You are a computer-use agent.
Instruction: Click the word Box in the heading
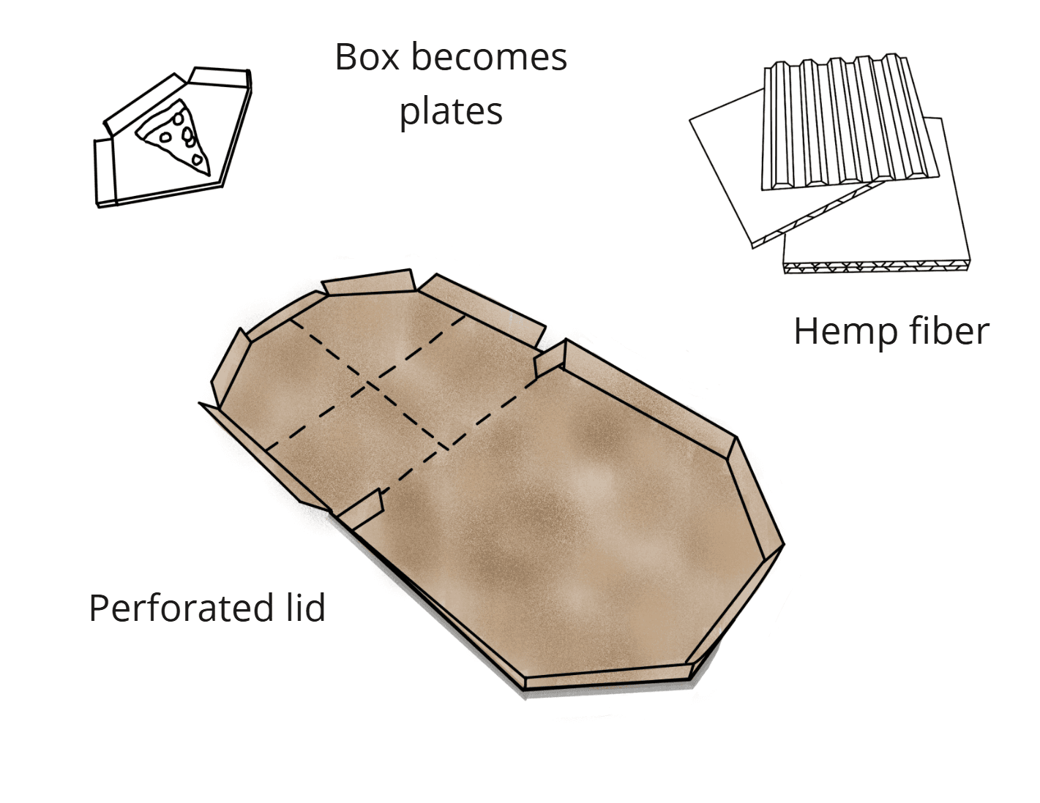(367, 57)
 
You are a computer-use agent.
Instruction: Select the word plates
(451, 112)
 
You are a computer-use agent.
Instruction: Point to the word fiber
(949, 331)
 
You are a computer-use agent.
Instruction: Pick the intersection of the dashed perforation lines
(368, 383)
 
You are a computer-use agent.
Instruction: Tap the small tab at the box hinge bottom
(363, 509)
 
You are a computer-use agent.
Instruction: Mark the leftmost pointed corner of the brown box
(202, 403)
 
